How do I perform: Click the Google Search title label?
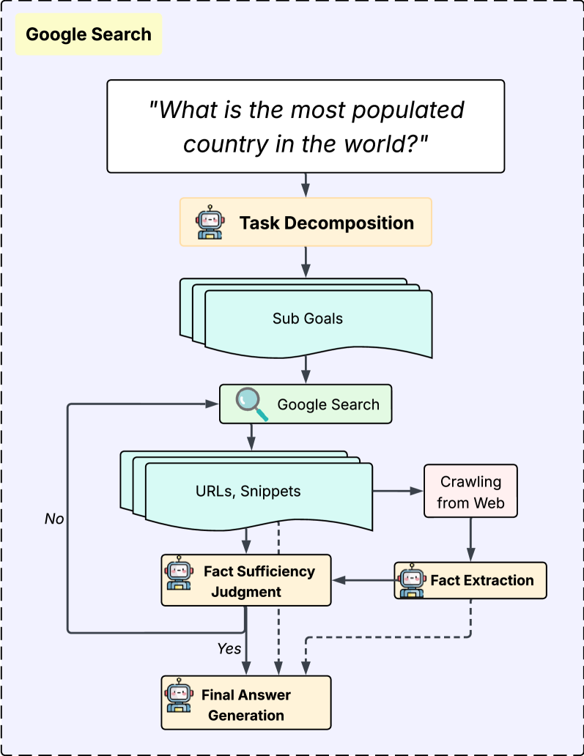point(89,34)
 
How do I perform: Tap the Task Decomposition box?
point(306,221)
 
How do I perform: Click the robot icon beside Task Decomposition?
point(210,223)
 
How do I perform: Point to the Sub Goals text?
point(308,319)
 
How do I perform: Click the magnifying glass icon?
point(251,404)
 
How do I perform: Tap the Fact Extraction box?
point(470,580)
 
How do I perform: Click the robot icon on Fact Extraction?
point(411,580)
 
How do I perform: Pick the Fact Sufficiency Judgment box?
point(245,580)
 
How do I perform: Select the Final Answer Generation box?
point(245,703)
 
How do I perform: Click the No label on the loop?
point(54,519)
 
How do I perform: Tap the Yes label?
point(229,648)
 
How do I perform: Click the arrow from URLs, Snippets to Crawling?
point(399,492)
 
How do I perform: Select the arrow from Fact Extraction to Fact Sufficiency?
point(363,580)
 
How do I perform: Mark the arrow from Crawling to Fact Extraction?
point(470,541)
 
